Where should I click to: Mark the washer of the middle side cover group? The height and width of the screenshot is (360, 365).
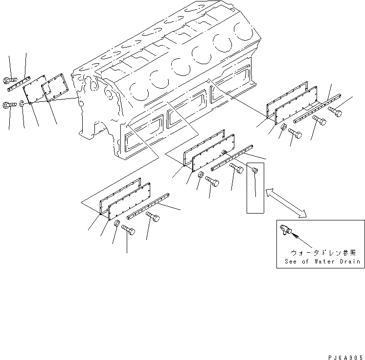201,175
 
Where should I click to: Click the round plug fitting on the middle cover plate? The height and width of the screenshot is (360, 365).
225,152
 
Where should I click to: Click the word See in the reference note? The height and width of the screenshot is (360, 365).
292,262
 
